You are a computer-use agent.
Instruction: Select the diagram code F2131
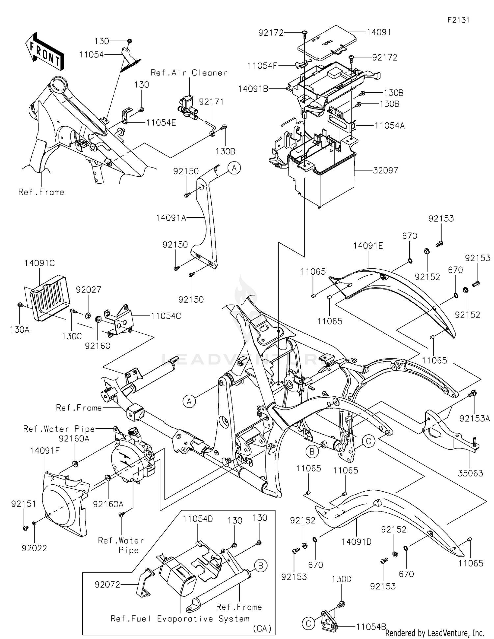click(458, 20)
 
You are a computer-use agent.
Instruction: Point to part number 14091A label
click(171, 218)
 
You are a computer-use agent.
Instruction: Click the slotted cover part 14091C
click(49, 297)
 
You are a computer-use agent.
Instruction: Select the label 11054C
click(166, 316)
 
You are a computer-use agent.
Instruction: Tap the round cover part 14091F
click(64, 504)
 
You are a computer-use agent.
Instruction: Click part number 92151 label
click(23, 504)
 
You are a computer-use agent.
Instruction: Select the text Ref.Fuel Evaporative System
click(180, 619)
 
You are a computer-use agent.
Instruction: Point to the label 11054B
click(370, 627)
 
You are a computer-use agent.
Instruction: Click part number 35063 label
click(470, 473)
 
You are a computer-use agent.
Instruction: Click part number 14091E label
click(368, 246)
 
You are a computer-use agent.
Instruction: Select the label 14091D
click(356, 541)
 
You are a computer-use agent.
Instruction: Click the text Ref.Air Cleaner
click(189, 73)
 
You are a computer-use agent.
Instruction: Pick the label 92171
click(211, 102)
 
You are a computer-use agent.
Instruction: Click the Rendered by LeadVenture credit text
click(434, 633)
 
